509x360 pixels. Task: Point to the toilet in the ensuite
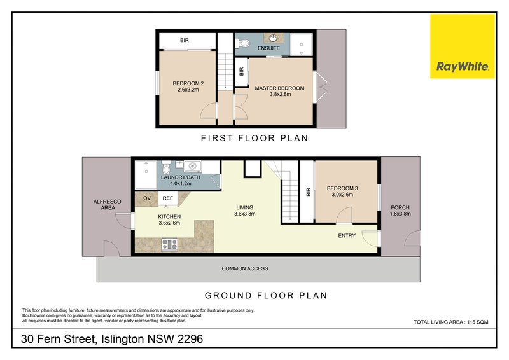242,44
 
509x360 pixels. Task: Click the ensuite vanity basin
275,37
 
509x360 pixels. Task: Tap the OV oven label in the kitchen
147,198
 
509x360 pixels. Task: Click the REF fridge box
168,198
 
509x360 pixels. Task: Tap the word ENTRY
347,236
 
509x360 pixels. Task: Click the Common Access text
245,268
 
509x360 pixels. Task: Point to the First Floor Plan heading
254,138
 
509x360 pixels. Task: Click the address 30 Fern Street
111,340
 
